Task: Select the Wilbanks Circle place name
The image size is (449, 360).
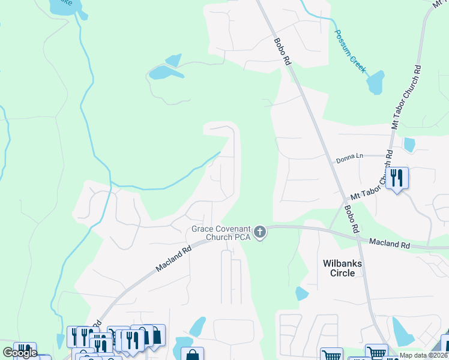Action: click(x=339, y=268)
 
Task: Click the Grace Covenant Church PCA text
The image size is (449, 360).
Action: click(x=220, y=233)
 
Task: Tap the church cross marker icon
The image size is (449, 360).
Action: click(x=260, y=232)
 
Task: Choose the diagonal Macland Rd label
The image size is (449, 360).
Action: click(x=174, y=257)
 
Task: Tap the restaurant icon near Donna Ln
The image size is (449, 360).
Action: click(x=397, y=178)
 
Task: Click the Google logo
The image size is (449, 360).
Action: click(x=20, y=353)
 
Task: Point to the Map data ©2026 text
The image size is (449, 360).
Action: click(x=424, y=355)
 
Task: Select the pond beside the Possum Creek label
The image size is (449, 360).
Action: click(x=376, y=83)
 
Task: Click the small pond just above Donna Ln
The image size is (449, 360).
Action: click(x=409, y=145)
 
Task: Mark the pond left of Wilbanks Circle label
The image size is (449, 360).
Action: click(x=303, y=293)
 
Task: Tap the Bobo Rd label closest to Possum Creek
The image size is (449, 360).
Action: click(x=282, y=52)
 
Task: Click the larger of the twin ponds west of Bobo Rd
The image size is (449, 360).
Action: click(x=160, y=73)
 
